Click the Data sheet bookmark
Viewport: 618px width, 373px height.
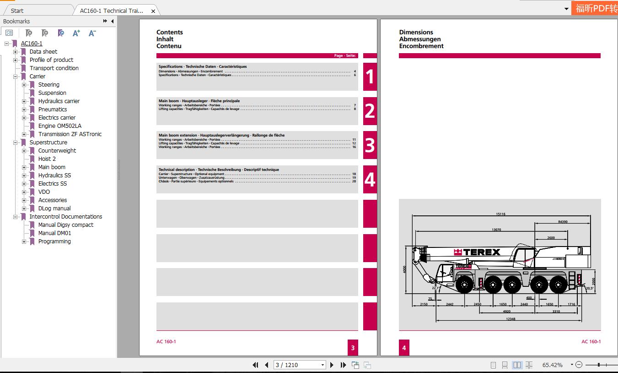[x=43, y=52]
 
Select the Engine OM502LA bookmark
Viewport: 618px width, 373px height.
[x=59, y=126]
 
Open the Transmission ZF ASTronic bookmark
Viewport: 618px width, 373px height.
[x=70, y=134]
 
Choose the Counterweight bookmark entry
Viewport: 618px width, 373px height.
[x=57, y=151]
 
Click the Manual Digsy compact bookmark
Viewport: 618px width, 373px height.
[x=65, y=225]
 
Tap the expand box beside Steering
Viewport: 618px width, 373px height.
[x=24, y=85]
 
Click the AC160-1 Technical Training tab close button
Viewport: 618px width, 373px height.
[x=153, y=11]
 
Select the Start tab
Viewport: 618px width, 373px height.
[x=17, y=11]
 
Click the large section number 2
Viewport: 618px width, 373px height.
[x=370, y=111]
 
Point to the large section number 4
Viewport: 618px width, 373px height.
[x=370, y=180]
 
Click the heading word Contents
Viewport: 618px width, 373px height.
[x=169, y=32]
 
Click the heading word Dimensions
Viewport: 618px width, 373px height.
[x=416, y=32]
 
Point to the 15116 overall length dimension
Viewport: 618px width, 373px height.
[x=500, y=214]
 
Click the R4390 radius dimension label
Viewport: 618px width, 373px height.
[x=562, y=222]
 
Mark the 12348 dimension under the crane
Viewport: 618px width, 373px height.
[x=511, y=319]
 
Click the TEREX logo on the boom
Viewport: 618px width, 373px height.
[x=477, y=252]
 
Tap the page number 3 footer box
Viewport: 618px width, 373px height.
[x=353, y=348]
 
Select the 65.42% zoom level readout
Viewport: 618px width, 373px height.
[x=552, y=365]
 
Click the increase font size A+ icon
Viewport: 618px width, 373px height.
[x=76, y=33]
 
